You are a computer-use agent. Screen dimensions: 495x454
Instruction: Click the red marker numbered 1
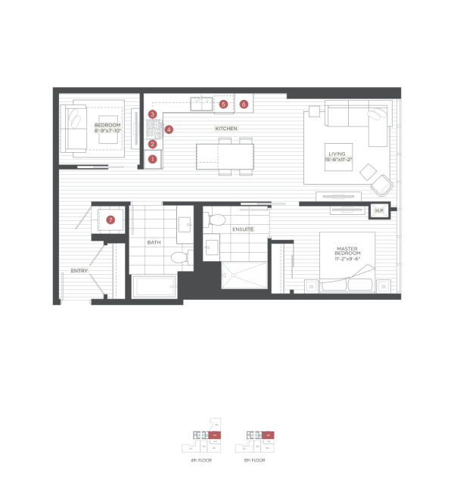(153, 159)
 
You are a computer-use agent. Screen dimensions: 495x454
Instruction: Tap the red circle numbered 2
(153, 144)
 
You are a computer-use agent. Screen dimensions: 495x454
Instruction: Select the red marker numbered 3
(153, 114)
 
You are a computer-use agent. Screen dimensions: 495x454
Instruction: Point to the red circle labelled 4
(169, 129)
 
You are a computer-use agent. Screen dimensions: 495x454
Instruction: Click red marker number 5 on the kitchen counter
(223, 104)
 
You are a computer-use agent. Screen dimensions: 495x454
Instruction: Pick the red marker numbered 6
(244, 104)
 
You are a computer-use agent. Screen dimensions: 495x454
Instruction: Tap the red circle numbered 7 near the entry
(110, 219)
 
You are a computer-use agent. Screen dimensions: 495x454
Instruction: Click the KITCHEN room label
(225, 129)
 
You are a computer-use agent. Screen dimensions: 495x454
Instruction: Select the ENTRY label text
(79, 270)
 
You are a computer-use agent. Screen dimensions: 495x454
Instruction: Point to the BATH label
(154, 242)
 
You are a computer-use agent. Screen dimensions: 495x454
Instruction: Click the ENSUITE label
(243, 229)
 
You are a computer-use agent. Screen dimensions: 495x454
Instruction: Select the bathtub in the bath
(154, 288)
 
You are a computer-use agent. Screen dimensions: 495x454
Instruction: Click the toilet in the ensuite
(216, 220)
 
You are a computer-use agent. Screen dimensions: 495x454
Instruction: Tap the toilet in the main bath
(179, 257)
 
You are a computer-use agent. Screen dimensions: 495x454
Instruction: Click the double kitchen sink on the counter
(202, 104)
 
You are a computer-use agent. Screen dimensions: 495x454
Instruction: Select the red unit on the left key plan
(215, 435)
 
